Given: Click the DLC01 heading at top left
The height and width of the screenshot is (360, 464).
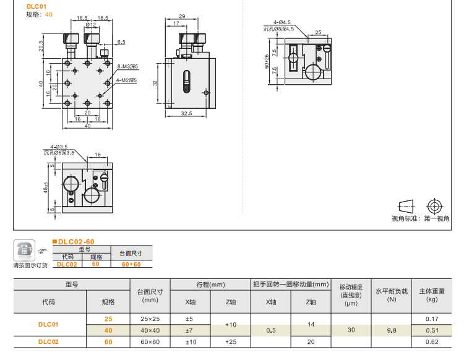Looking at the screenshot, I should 37,6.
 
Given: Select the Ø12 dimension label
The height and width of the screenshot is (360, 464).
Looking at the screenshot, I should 91,25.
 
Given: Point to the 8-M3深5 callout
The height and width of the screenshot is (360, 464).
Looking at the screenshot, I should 128,66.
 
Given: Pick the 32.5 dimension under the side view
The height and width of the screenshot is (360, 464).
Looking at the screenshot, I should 186,114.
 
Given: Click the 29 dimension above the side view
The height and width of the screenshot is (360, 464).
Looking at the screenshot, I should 182,15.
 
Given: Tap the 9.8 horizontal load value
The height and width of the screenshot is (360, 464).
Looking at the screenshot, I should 391,330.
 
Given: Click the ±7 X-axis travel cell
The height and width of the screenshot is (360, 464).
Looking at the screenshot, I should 189,330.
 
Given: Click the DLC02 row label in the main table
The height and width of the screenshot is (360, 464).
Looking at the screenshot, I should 48,341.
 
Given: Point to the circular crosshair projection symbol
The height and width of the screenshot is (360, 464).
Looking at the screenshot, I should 435,207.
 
